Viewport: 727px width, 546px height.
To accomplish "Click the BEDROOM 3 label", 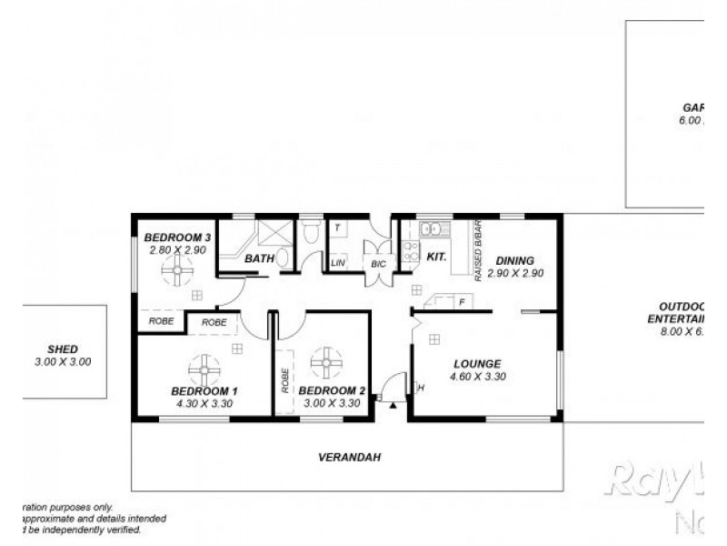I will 178,238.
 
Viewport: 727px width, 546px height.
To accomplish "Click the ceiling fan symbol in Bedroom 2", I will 325,362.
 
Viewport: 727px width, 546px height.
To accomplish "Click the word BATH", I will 259,259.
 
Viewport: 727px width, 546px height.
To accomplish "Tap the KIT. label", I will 436,258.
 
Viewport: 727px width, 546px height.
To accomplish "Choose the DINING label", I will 514,259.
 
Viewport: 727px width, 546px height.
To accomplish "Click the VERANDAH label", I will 348,458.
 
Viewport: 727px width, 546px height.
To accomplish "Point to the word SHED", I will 63,349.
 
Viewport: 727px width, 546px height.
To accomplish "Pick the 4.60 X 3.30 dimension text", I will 479,376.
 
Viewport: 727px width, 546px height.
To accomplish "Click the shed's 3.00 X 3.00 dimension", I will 63,361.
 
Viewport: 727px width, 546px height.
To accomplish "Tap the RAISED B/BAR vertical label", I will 477,250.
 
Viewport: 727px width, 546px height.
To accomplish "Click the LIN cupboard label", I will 338,263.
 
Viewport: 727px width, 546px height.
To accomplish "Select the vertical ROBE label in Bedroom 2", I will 284,379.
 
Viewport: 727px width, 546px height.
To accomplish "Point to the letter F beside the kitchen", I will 462,301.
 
